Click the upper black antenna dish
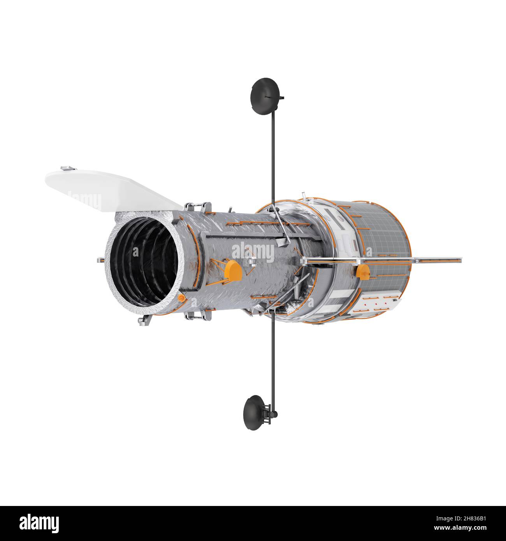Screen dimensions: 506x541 coord(265,96)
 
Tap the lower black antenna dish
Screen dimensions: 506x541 coord(253,413)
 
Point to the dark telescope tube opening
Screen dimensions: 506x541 coord(144,262)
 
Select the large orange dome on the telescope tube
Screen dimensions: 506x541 coord(233,270)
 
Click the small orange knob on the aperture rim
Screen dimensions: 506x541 coord(181,298)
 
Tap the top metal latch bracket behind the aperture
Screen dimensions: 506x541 coord(198,207)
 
